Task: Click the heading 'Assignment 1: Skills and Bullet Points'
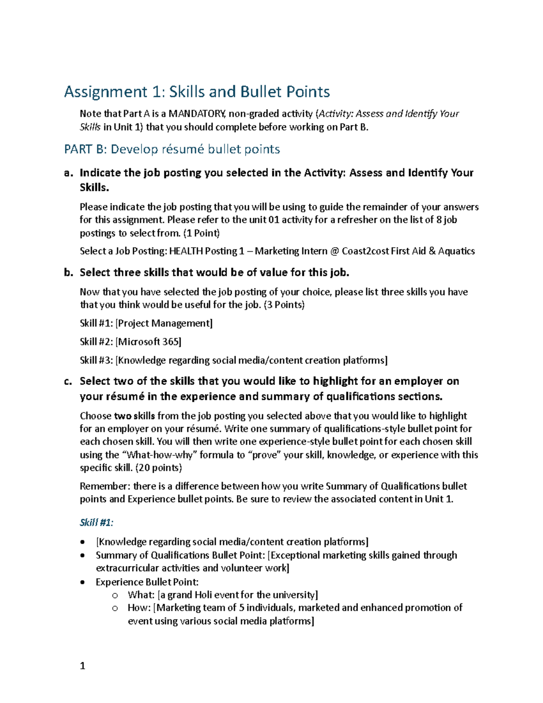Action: click(x=197, y=92)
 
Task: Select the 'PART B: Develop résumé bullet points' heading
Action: click(x=172, y=149)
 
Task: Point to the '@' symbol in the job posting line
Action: click(x=334, y=251)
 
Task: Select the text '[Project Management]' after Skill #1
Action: click(x=164, y=323)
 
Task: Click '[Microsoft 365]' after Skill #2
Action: click(x=148, y=342)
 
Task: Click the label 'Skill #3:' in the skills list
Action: click(x=96, y=360)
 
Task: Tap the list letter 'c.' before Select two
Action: click(x=68, y=381)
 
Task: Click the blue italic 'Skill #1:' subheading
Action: click(x=96, y=522)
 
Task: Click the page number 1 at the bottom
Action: click(x=82, y=666)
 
